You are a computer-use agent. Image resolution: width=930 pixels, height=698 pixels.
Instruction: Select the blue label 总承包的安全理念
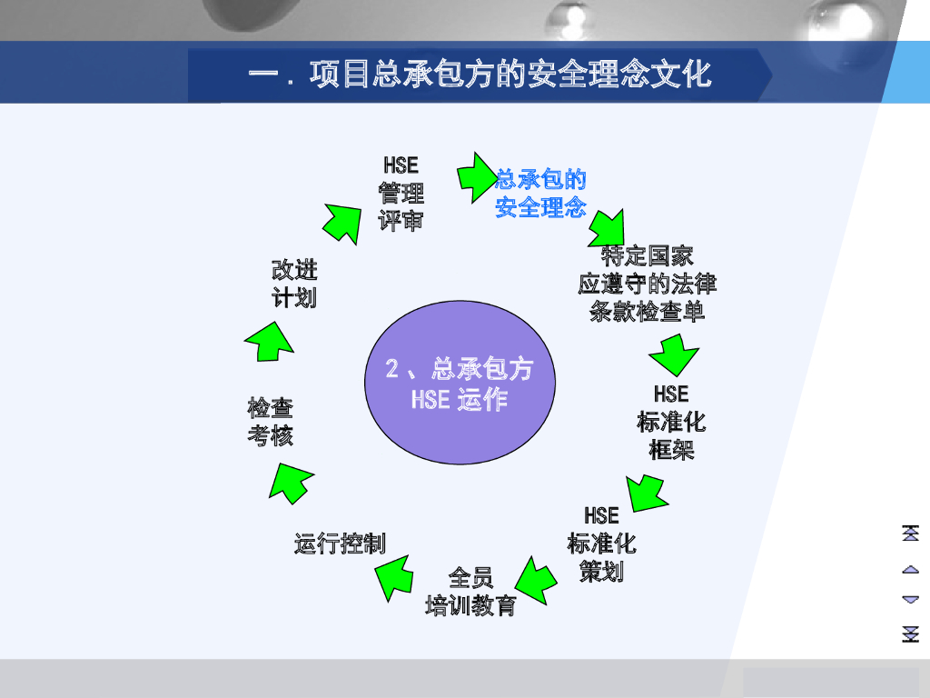(x=540, y=193)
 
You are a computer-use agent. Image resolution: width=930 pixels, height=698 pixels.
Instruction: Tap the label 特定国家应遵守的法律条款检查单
(x=647, y=284)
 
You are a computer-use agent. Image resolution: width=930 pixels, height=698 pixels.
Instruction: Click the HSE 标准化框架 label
(x=671, y=422)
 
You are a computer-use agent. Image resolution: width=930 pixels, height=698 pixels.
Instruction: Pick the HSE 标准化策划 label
(x=601, y=543)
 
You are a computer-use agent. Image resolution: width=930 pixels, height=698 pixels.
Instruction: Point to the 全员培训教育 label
(x=470, y=592)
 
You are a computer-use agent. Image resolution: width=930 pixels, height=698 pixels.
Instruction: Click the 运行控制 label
(x=340, y=543)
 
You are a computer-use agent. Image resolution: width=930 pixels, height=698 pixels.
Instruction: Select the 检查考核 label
(x=271, y=422)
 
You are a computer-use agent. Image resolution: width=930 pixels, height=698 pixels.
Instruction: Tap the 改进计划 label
(x=294, y=284)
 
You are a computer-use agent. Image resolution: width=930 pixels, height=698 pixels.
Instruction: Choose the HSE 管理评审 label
(x=401, y=193)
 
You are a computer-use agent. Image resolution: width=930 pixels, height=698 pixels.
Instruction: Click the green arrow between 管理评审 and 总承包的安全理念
(x=475, y=175)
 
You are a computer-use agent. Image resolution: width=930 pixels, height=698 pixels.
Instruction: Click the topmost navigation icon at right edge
(x=910, y=533)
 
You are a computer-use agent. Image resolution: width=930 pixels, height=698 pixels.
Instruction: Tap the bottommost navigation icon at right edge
(x=910, y=633)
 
